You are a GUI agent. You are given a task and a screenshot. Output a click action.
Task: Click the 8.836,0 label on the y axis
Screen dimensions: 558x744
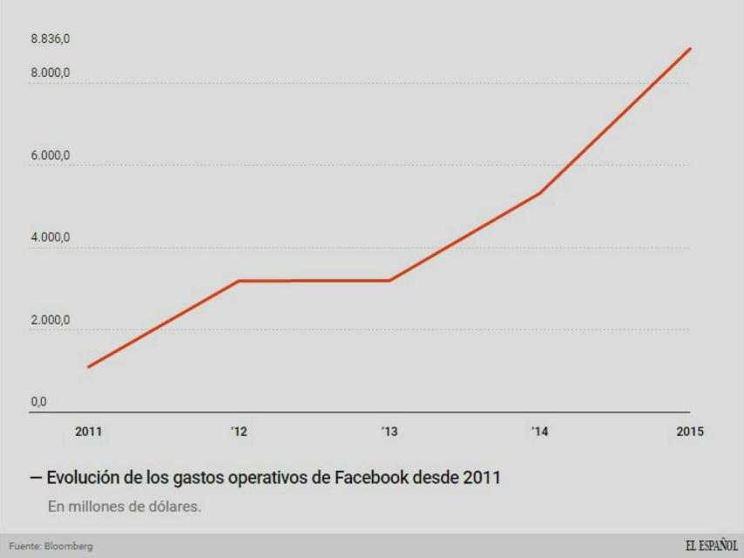click(51, 39)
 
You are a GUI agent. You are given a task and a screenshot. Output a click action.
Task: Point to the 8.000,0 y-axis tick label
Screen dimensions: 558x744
click(51, 73)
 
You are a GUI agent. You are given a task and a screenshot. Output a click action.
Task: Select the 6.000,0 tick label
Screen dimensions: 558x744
click(51, 155)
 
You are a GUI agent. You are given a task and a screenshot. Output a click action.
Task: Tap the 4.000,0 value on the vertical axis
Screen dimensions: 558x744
click(51, 237)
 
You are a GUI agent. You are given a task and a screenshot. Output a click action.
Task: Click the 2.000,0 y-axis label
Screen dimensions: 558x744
click(51, 320)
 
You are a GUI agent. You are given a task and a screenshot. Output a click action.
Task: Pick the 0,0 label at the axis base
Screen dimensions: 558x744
click(39, 402)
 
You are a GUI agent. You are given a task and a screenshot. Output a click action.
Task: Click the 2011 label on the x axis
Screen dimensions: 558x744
click(88, 432)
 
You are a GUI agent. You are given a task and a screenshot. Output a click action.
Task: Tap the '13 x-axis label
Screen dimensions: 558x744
click(389, 432)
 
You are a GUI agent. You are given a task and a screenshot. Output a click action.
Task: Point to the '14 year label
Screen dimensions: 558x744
click(539, 432)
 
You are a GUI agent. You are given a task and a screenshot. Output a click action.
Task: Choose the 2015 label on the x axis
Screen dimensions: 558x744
click(689, 432)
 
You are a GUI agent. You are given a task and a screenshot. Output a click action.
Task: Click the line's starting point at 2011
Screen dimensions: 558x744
click(88, 367)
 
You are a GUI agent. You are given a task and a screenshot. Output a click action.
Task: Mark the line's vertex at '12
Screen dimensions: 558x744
click(239, 281)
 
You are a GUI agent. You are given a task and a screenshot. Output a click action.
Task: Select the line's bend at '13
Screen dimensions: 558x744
click(389, 281)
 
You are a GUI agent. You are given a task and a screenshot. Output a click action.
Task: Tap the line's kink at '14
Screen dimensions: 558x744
click(540, 193)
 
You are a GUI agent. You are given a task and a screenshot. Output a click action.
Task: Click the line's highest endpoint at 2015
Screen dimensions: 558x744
click(691, 49)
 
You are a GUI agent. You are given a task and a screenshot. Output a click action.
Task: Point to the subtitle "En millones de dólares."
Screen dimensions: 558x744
click(124, 506)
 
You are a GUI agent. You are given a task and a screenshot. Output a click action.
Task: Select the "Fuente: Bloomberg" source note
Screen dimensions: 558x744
click(51, 547)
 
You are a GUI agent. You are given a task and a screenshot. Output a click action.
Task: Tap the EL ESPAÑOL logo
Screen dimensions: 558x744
click(711, 546)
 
